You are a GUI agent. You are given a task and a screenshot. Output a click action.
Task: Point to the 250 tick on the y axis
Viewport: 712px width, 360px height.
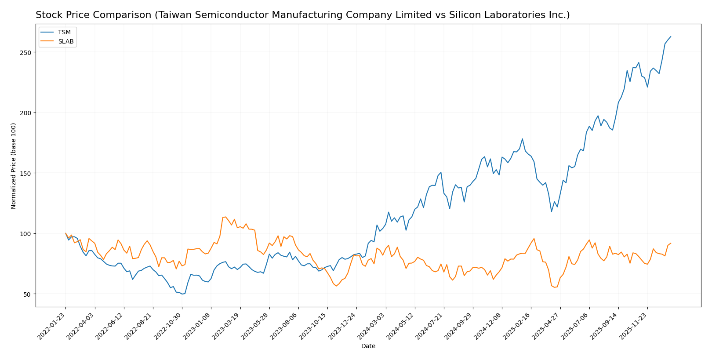27,52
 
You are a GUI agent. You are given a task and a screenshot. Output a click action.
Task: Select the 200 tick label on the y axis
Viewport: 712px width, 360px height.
27,113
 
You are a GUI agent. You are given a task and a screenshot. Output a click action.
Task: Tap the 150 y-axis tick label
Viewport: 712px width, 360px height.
27,173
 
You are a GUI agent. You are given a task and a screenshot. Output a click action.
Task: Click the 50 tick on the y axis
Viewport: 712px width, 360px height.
29,294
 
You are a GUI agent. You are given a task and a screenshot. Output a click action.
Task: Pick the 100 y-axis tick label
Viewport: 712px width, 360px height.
27,234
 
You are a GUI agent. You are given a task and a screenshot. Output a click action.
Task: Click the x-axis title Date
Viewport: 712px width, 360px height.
368,346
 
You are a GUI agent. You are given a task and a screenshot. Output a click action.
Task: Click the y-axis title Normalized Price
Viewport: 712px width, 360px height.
14,166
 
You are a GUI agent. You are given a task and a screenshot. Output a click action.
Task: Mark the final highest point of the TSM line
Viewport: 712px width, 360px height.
671,36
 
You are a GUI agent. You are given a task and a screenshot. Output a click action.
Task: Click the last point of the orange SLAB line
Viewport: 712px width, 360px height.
671,243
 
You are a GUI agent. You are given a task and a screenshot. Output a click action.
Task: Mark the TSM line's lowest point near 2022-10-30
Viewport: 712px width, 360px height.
182,294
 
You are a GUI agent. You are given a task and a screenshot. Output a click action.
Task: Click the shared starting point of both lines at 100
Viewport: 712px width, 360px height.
65,233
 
